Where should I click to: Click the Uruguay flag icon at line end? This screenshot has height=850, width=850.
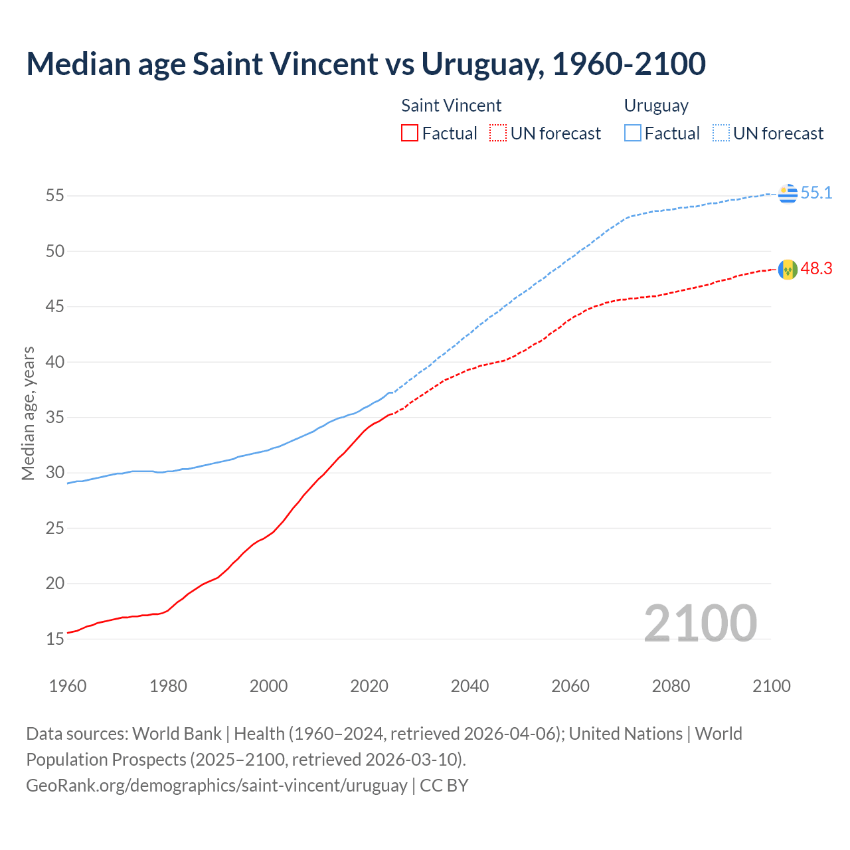coord(788,193)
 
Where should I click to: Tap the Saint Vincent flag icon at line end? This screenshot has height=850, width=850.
coord(788,270)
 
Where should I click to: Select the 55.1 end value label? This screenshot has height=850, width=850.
coord(816,193)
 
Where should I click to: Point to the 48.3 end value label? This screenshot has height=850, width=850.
coord(816,269)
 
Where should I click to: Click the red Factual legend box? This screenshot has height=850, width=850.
coord(410,133)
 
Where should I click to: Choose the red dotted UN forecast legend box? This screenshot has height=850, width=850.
coord(498,133)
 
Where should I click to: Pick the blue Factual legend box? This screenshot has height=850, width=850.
coord(633,133)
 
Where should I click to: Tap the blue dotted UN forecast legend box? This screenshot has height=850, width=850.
coord(721,133)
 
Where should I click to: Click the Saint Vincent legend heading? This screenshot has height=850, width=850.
coord(452,106)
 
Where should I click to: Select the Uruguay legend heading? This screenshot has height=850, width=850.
coord(656,106)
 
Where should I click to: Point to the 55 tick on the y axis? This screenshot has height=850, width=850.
coord(55,196)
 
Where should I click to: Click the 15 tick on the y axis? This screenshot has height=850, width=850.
coord(55,639)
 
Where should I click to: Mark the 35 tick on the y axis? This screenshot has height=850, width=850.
coord(55,418)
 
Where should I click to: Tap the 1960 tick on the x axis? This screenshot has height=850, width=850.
coord(68,686)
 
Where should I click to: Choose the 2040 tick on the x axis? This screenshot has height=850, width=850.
coord(469,686)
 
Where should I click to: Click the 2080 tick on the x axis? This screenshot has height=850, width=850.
coord(671,686)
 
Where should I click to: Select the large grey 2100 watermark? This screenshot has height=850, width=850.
coord(701,623)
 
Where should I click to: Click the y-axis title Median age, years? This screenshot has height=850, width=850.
coord(29,413)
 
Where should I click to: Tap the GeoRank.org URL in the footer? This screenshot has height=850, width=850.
coord(216,786)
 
